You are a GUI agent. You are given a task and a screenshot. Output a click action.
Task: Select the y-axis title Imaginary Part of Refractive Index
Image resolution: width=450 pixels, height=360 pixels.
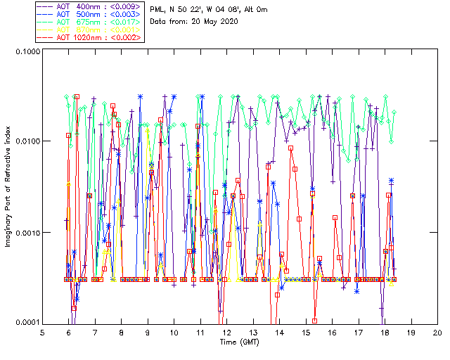click(x=8, y=187)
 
